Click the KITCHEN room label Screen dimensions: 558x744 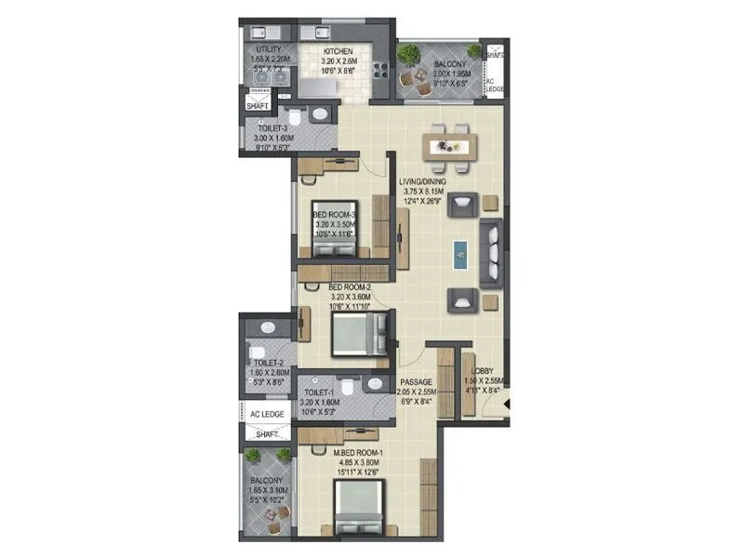(338, 52)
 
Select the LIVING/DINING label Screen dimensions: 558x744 (421, 182)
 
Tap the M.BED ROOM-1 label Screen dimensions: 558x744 (360, 454)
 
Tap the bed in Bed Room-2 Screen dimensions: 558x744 (359, 334)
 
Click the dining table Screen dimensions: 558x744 (450, 144)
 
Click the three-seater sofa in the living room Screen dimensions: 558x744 (491, 251)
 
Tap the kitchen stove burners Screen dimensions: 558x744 (383, 64)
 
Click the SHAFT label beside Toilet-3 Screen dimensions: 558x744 (257, 106)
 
